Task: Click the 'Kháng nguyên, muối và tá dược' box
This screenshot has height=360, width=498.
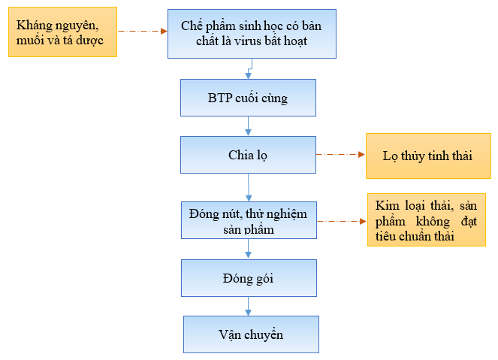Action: point(62,32)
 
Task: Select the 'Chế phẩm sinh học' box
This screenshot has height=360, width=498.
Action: point(252,34)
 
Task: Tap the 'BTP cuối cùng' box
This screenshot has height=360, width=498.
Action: point(248,98)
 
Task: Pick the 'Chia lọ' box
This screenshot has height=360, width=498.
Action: point(248,155)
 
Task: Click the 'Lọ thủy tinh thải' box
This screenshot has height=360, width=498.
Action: point(428,156)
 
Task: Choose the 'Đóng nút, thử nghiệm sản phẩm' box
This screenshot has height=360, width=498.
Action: point(249,220)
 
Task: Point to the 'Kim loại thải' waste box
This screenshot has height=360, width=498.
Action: point(427,220)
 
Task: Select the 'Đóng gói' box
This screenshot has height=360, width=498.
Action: point(249,278)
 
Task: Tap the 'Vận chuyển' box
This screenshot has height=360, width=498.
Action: point(251,334)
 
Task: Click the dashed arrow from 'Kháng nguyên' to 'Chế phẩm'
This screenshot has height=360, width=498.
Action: point(143,31)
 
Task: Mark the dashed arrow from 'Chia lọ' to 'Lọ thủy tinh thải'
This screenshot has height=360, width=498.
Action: point(340,154)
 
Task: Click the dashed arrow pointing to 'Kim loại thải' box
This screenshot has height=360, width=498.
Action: point(342,221)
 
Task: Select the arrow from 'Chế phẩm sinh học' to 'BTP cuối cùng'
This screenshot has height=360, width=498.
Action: point(249,68)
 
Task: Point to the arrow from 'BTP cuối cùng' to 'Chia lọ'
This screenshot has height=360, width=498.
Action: point(248,126)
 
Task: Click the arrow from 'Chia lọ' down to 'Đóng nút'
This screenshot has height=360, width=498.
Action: point(249,187)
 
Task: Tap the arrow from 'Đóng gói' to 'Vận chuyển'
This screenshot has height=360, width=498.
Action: point(248,307)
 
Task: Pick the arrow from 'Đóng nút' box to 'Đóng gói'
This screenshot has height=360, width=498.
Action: point(248,249)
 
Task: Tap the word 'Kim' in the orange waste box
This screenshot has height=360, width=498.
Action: point(387,205)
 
